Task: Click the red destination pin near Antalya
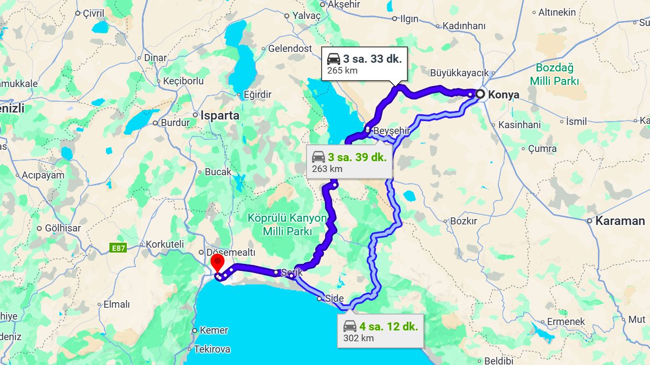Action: coord(217,264)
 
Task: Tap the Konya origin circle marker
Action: coord(480,94)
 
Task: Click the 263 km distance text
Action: coord(327,169)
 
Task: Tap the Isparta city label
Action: coord(219,115)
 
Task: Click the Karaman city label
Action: coord(620,221)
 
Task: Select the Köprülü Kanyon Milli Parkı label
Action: coord(287,224)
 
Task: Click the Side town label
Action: coord(334,298)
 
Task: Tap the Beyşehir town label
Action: coord(391,131)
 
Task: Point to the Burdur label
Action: coord(175,122)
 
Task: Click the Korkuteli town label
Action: coord(165,244)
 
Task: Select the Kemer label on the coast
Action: coord(213,330)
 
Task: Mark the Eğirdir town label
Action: coord(257,95)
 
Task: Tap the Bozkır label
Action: coord(463,221)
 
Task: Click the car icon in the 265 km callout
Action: coord(334,59)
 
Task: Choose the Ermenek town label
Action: coord(565,322)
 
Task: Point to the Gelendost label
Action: coord(290,49)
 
